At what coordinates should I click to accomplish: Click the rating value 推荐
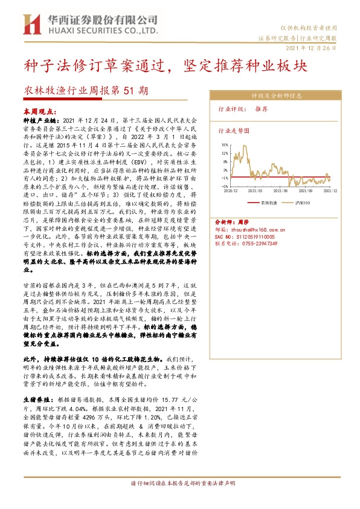[x=261, y=110]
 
